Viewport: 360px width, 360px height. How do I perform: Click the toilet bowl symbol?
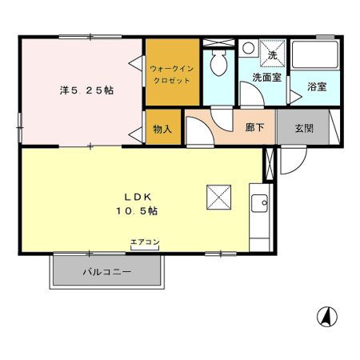pos(218,63)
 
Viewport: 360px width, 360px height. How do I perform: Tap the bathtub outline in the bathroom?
pos(315,54)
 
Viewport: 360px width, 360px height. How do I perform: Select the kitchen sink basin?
pos(259,203)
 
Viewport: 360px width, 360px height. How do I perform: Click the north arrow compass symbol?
pos(327,317)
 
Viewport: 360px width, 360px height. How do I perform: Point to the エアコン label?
pos(145,242)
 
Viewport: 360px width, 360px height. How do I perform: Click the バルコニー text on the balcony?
pos(107,272)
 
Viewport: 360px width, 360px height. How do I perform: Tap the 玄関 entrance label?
pos(304,129)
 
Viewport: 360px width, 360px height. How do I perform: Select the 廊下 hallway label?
pos(254,127)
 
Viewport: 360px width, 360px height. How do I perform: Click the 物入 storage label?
pos(162,130)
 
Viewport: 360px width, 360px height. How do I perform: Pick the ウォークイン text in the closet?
pos(172,69)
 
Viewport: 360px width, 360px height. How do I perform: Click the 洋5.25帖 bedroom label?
pos(86,90)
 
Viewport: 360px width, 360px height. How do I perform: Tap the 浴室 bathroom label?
pos(317,86)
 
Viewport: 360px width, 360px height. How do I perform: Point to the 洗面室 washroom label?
pos(266,78)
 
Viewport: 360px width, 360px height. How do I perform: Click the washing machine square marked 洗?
pos(272,54)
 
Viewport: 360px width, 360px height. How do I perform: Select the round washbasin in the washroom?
pos(249,48)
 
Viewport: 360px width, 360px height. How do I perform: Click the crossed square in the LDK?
pos(218,197)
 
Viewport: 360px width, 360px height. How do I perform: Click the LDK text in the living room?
pos(138,197)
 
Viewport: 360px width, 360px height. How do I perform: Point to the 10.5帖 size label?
pos(137,211)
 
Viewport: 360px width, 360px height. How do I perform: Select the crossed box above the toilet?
pos(218,42)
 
